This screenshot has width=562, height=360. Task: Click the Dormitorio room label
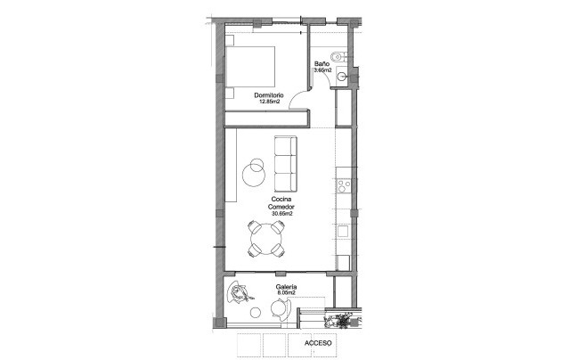[x=269, y=94]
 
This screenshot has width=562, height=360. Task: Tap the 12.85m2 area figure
[x=269, y=102]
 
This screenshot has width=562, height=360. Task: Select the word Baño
[x=322, y=64]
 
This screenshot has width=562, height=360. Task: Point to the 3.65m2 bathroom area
[x=322, y=70]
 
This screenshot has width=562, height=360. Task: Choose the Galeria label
[x=286, y=286]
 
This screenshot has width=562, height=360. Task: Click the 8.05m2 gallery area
[x=286, y=292]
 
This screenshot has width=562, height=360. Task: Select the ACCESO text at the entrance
[x=318, y=342]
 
